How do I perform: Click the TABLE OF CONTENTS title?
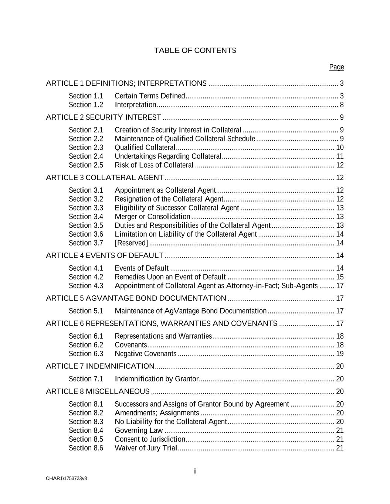click(x=195, y=51)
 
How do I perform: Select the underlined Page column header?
click(x=336, y=67)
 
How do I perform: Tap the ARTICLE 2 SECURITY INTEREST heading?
click(x=104, y=117)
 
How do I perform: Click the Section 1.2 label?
click(x=86, y=105)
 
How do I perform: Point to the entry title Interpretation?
click(x=135, y=105)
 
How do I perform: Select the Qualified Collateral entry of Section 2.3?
click(x=145, y=148)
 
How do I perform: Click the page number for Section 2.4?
click(x=340, y=157)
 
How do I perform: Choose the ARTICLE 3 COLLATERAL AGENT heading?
click(x=105, y=178)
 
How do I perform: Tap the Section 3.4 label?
click(x=86, y=217)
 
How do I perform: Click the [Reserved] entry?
click(x=131, y=243)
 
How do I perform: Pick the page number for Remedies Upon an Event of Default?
click(x=340, y=277)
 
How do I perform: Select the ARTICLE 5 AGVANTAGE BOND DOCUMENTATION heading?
click(x=136, y=298)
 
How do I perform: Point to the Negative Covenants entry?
click(x=146, y=354)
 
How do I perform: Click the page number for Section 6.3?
click(x=340, y=354)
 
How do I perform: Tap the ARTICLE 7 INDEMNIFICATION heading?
click(x=100, y=366)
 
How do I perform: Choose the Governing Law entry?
click(x=139, y=431)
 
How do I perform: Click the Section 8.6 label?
click(x=86, y=448)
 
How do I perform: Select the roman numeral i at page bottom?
click(x=195, y=471)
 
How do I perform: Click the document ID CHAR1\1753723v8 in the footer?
click(x=67, y=479)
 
